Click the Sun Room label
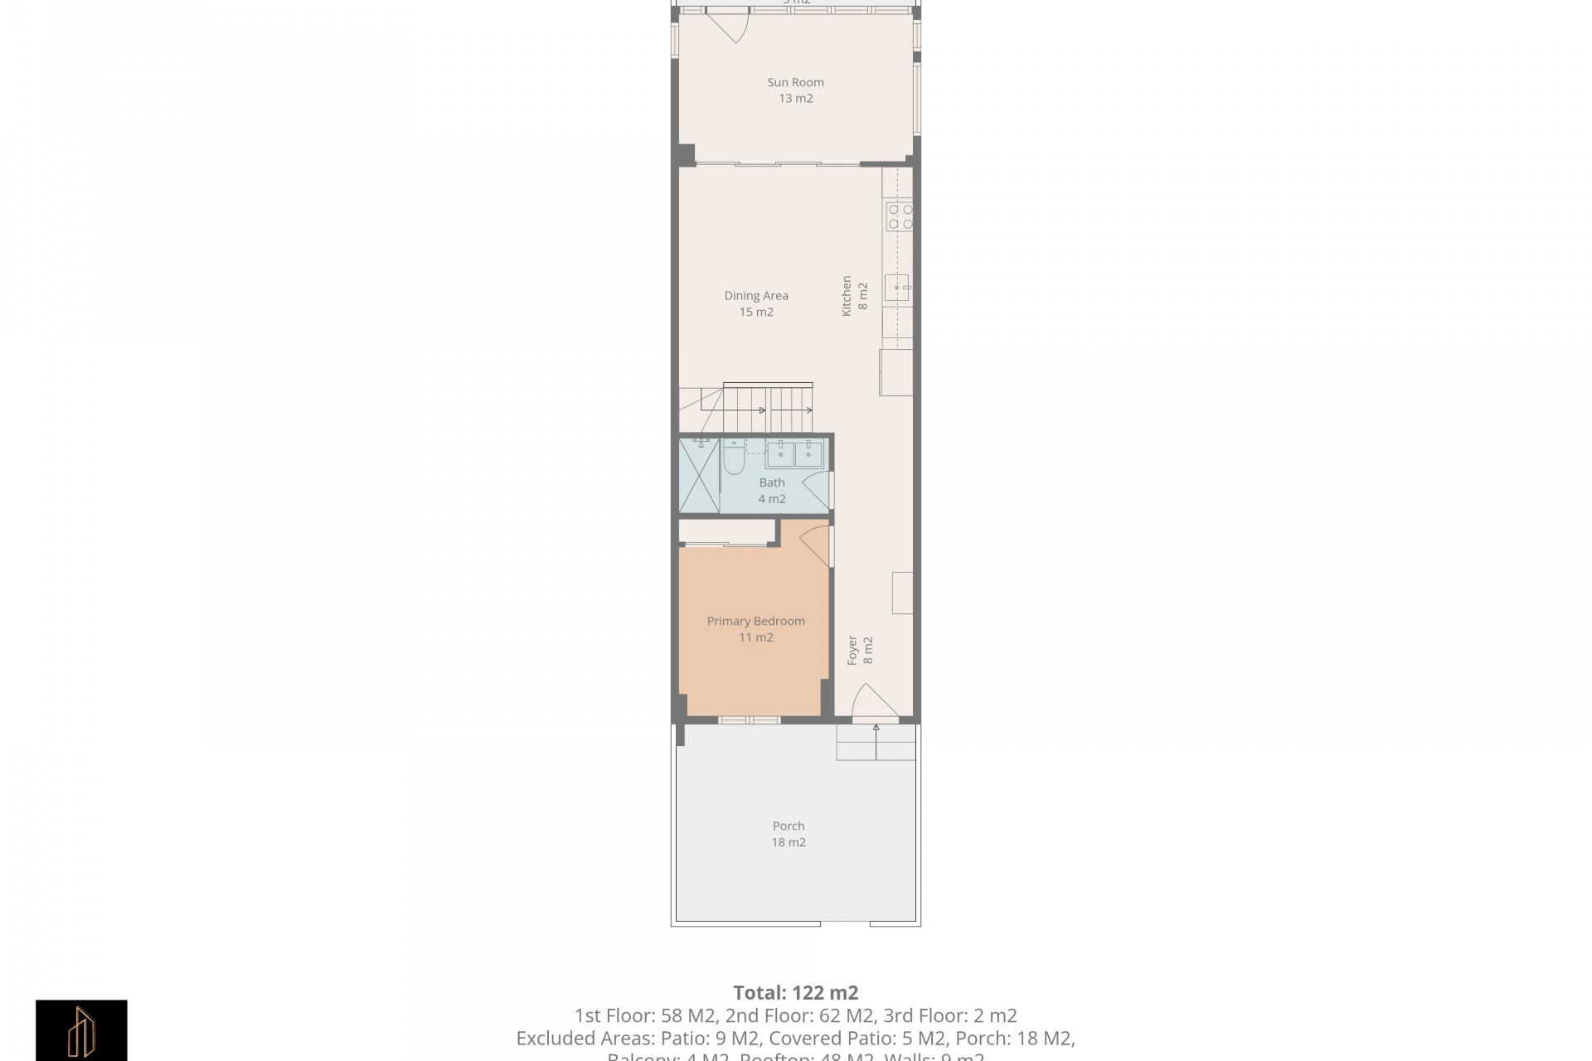pyautogui.click(x=795, y=90)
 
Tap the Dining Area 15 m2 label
pyautogui.click(x=756, y=303)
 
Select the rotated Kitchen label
pyautogui.click(x=854, y=295)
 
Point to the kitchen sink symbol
pyautogui.click(x=896, y=288)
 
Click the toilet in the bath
pyautogui.click(x=733, y=457)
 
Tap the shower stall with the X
pyautogui.click(x=699, y=476)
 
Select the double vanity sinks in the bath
pyautogui.click(x=794, y=453)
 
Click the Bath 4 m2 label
pyautogui.click(x=772, y=491)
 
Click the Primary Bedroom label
pyautogui.click(x=755, y=629)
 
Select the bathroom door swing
pyautogui.click(x=817, y=490)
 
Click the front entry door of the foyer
pyautogui.click(x=873, y=701)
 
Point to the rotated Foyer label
pyautogui.click(x=860, y=651)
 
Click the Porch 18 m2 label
pyautogui.click(x=789, y=834)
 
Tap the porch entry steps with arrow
pyautogui.click(x=876, y=742)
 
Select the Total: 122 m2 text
pyautogui.click(x=795, y=992)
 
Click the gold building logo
pyautogui.click(x=81, y=1030)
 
